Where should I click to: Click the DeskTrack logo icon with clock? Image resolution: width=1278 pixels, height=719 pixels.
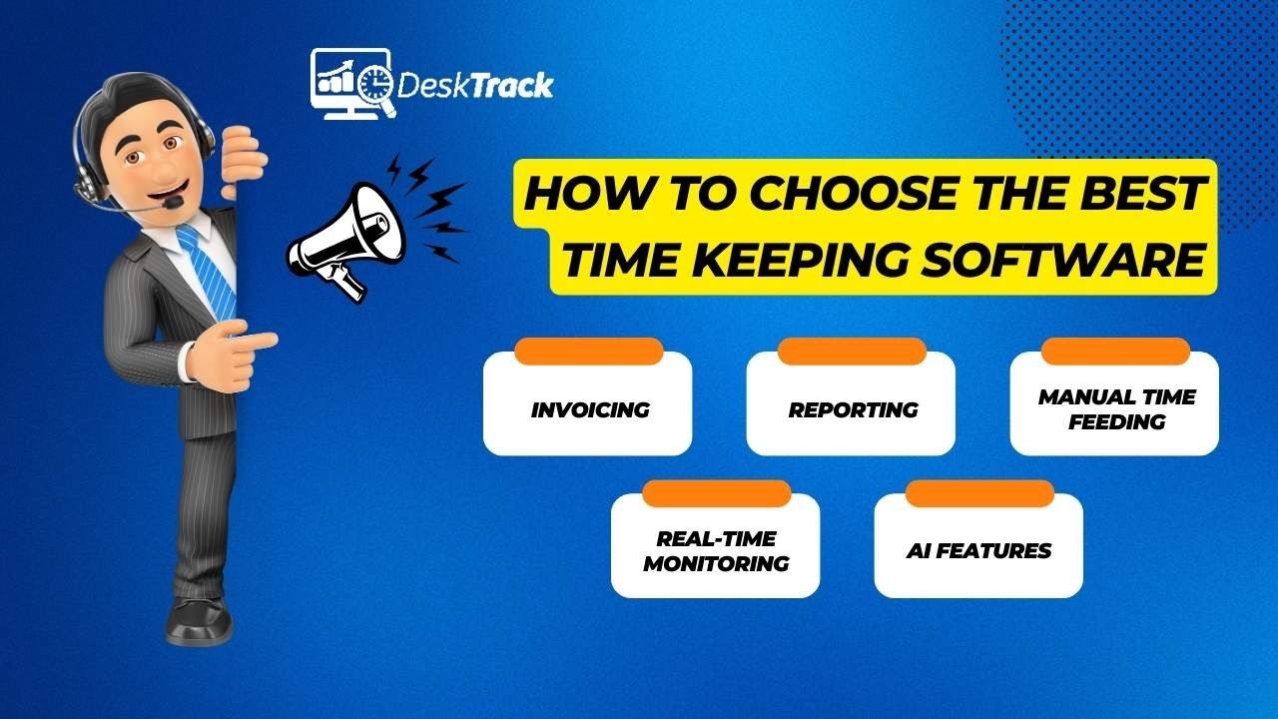(352, 84)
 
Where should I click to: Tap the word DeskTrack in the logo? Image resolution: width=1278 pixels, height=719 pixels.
(475, 86)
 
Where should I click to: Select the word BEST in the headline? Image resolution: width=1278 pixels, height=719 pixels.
(1150, 194)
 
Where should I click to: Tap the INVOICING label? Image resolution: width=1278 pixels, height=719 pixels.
(589, 409)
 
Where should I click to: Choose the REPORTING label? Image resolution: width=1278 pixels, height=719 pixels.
(853, 409)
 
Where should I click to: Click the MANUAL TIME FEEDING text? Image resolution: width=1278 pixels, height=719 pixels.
(1116, 409)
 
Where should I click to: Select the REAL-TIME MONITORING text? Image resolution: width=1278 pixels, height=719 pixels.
(716, 551)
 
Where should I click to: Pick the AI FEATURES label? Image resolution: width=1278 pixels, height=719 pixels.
(978, 551)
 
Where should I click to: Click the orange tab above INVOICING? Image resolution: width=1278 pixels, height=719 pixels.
(589, 352)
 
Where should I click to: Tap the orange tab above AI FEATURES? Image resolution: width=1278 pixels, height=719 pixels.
(978, 493)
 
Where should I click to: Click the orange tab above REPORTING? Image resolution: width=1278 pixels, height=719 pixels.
(853, 352)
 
